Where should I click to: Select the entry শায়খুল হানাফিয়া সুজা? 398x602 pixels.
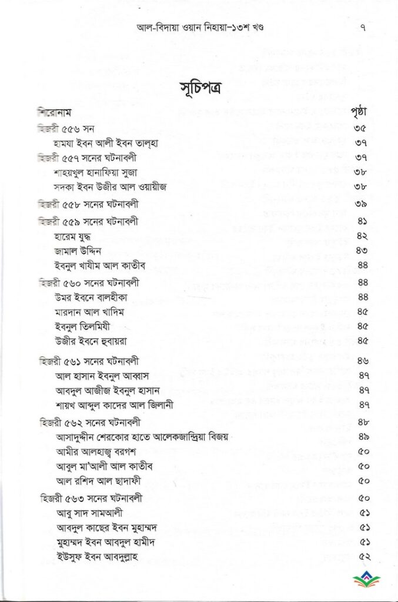coord(99,173)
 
